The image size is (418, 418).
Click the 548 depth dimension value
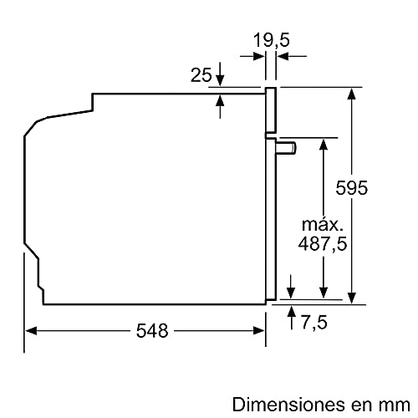tap(151, 330)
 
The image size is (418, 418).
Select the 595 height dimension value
tap(376, 188)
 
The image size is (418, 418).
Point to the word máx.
tap(322, 224)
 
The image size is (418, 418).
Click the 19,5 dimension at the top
tap(271, 38)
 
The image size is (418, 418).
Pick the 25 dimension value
tap(200, 75)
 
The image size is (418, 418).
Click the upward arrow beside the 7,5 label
tap(291, 313)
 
